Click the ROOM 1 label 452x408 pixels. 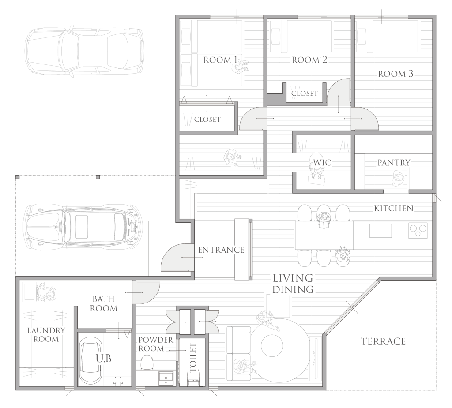point(221,60)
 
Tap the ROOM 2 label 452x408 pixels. point(309,60)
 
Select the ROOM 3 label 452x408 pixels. point(396,74)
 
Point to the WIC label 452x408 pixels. point(322,162)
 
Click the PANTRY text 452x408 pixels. point(394,162)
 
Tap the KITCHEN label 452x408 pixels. point(394,208)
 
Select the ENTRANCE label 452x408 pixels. point(221,250)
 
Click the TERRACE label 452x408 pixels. point(384,341)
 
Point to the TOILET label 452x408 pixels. point(193,357)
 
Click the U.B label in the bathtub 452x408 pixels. point(104,358)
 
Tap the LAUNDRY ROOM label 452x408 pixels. point(46,334)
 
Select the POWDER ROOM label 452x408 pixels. point(156,344)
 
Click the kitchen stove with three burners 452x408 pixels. point(418,231)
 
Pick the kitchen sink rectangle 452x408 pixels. point(380,231)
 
